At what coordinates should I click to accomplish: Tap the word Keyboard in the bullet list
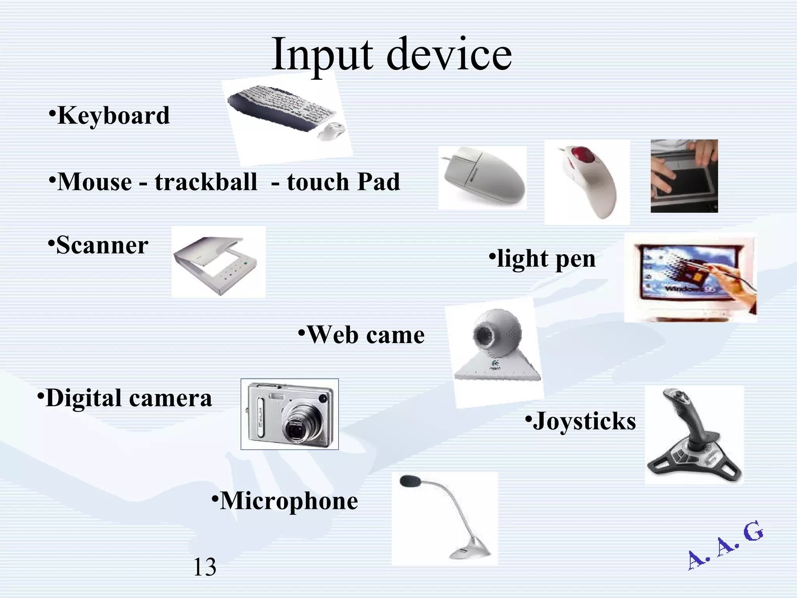[113, 116]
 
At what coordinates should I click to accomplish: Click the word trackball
[206, 182]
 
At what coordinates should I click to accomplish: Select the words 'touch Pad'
[343, 182]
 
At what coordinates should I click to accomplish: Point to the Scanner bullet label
[102, 245]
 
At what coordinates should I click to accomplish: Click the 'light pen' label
[546, 259]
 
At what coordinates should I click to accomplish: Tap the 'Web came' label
[365, 335]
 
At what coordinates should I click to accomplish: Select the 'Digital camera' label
[128, 398]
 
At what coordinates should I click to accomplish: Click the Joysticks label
[584, 421]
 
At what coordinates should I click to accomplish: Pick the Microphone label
[288, 501]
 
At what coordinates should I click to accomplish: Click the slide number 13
[205, 567]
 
